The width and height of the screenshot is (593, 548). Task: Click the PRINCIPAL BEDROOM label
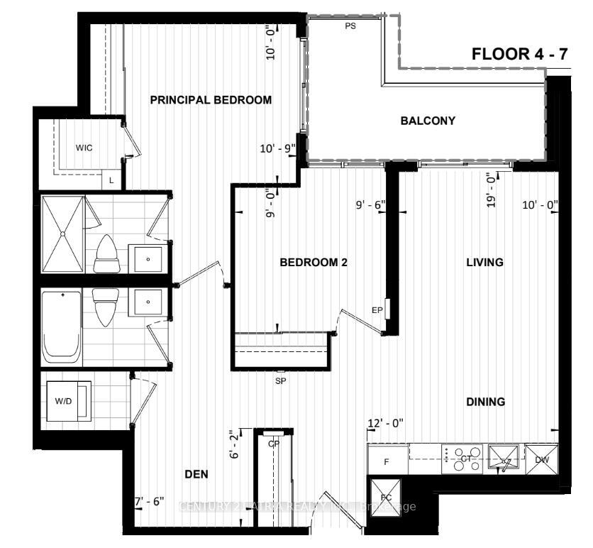coord(211,100)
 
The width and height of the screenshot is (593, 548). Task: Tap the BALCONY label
coord(427,121)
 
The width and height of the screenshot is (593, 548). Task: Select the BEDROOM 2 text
coord(314,262)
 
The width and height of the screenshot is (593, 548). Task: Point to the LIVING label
coord(484,262)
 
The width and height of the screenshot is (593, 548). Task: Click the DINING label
coord(485,402)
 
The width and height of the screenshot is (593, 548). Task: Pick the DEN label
coord(196,475)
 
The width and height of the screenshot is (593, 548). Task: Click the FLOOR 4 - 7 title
coord(520,55)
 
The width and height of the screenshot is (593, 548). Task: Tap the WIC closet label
coord(84,148)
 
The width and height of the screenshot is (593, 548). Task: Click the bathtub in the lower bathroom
coord(63,327)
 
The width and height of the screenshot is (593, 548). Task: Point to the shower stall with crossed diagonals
coord(63,234)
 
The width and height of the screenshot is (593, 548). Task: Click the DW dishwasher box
coord(542,460)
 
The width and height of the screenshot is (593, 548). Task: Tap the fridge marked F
coord(387,461)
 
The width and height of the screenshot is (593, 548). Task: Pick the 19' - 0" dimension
coord(489,190)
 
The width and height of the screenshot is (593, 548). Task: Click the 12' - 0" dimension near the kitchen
coord(385,423)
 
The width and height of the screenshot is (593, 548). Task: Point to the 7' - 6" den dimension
coord(149,501)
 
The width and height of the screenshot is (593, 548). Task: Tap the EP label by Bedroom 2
coord(377,310)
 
